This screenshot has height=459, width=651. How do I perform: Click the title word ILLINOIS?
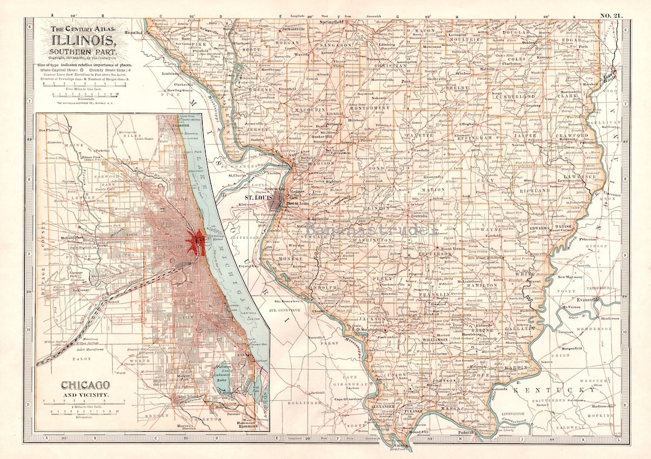[x=84, y=41]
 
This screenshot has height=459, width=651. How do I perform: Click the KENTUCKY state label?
[x=558, y=390]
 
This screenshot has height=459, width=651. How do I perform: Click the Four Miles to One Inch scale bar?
[x=85, y=94]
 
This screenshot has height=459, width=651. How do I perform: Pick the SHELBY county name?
[x=452, y=87]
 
